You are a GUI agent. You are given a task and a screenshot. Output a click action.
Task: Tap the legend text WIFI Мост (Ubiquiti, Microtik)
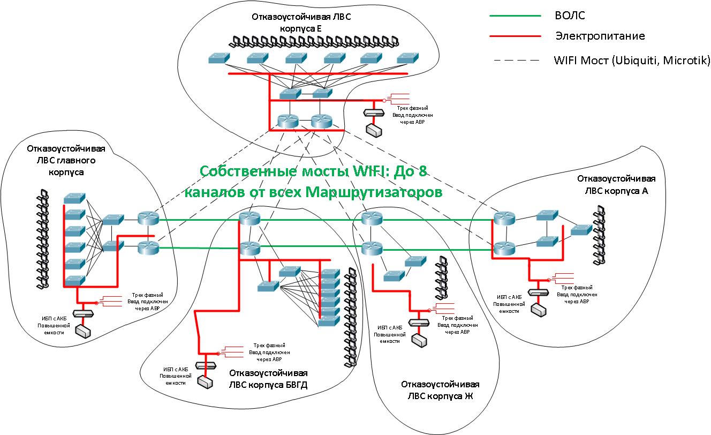pos(632,59)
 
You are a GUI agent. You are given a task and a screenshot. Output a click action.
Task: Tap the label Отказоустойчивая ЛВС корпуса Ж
pos(440,391)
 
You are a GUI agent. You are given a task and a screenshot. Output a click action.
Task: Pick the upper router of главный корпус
pos(148,218)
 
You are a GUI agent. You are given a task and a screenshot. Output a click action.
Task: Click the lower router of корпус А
pos(504,248)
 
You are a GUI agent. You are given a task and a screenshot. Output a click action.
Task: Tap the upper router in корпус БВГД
pos(249,218)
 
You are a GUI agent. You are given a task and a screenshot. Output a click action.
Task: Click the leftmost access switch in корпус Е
pos(218,58)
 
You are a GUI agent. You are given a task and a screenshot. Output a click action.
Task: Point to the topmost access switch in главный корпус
pos(74,198)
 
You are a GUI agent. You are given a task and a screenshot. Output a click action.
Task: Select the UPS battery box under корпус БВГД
pos(205,381)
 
